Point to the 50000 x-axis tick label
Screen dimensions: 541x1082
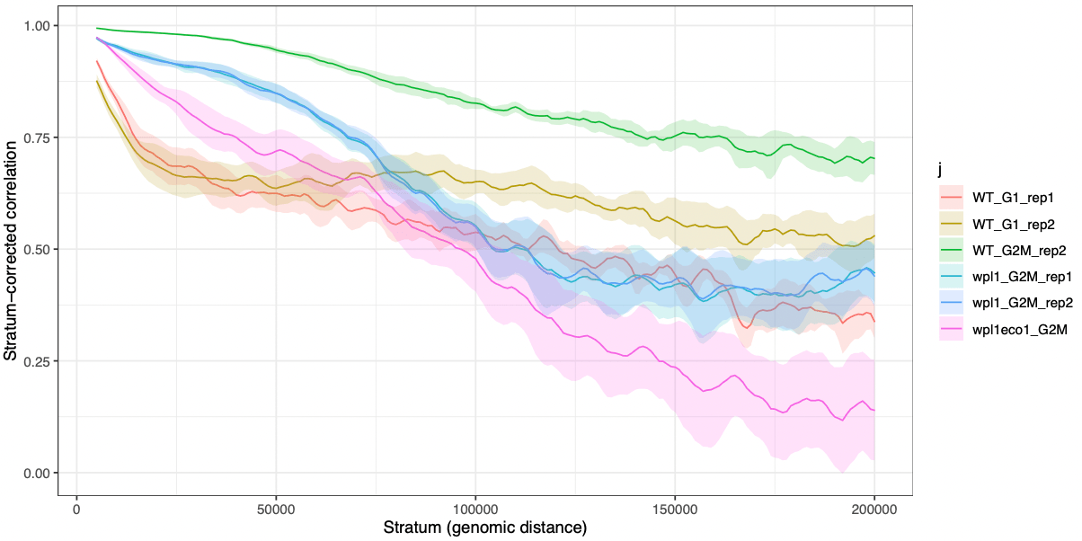pyautogui.click(x=276, y=509)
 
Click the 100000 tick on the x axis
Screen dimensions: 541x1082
pyautogui.click(x=475, y=509)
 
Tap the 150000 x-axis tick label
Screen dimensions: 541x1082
pyautogui.click(x=675, y=509)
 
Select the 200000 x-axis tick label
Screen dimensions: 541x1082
pyautogui.click(x=874, y=509)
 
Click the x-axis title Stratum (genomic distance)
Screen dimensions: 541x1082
pyautogui.click(x=485, y=528)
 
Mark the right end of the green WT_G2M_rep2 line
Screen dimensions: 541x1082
pyautogui.click(x=874, y=158)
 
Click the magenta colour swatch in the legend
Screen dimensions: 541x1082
pyautogui.click(x=950, y=331)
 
